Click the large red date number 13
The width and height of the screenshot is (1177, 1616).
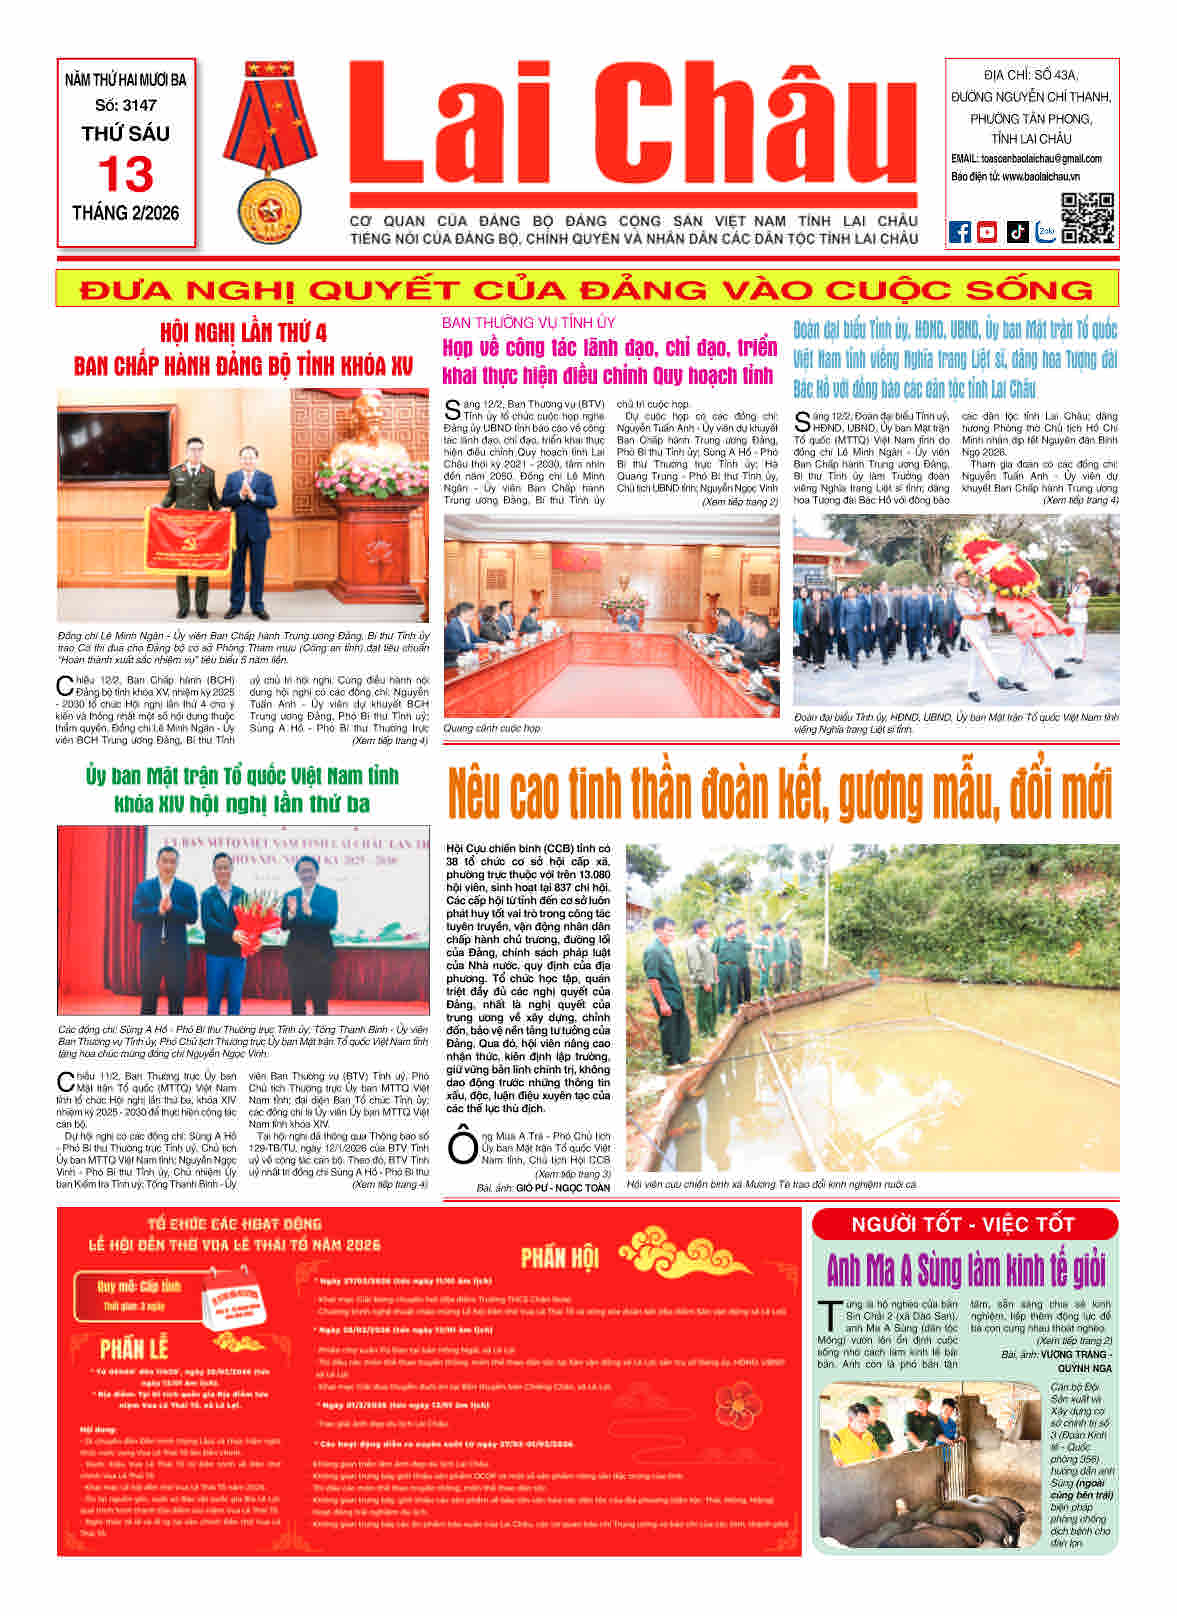[x=126, y=175]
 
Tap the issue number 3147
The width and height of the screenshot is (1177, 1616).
[x=126, y=105]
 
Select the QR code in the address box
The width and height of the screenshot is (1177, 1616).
[x=1087, y=217]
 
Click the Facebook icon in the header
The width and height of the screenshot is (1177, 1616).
[x=959, y=232]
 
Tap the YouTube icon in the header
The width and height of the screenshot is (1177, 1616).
[x=987, y=232]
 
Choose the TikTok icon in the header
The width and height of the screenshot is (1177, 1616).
[x=1017, y=232]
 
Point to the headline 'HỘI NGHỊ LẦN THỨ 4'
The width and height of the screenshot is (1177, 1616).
[x=243, y=332]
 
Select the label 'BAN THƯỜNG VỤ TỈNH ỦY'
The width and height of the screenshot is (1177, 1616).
[x=529, y=322]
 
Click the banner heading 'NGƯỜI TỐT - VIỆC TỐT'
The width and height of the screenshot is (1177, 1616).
[x=963, y=1224]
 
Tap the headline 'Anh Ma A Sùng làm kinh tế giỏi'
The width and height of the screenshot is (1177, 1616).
[x=966, y=1270]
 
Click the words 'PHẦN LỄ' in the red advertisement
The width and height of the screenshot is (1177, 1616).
[x=135, y=1348]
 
